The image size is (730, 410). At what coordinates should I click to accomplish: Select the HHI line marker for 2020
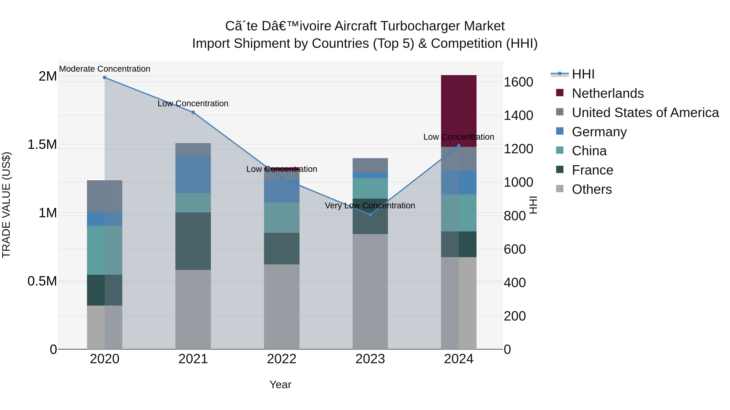click(x=105, y=77)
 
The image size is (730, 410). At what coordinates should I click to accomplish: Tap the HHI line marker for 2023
click(x=370, y=215)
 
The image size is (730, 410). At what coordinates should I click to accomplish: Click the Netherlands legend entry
click(x=608, y=93)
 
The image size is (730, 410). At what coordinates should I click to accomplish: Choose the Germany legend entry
click(x=599, y=132)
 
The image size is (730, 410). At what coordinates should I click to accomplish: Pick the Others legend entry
click(x=592, y=189)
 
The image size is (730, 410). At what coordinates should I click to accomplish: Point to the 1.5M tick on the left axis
click(x=42, y=145)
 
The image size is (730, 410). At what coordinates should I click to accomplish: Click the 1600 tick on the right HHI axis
click(x=518, y=82)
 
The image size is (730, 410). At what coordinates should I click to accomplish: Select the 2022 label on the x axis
click(x=281, y=359)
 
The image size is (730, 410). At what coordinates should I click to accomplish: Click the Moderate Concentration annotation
click(x=105, y=69)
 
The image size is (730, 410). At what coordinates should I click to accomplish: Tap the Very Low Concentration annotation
click(x=370, y=206)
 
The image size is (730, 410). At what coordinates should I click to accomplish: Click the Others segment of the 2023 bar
click(x=370, y=291)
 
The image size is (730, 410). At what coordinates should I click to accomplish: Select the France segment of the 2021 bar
click(x=193, y=241)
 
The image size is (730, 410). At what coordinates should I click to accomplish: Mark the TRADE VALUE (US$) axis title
click(x=6, y=205)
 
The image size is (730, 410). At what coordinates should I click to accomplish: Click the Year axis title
click(x=280, y=384)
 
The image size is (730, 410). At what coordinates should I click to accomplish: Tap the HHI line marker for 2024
click(x=459, y=146)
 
